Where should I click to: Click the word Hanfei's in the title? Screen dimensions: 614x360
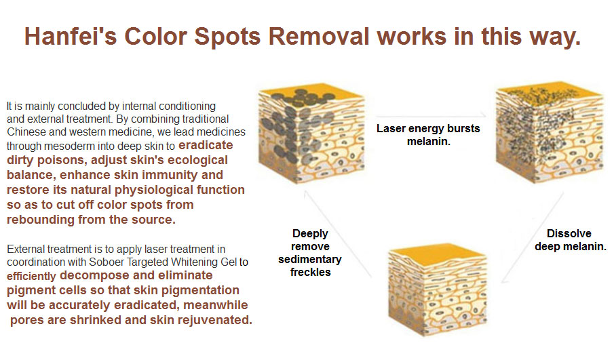click(x=71, y=37)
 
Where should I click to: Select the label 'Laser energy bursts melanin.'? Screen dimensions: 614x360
click(x=428, y=135)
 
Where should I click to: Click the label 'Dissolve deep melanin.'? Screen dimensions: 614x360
click(x=570, y=239)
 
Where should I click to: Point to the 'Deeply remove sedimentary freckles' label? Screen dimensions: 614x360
click(x=310, y=252)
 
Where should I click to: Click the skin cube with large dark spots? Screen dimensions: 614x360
click(x=311, y=133)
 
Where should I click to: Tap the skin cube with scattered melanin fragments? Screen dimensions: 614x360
click(x=550, y=132)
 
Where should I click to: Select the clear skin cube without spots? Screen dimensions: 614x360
click(x=438, y=289)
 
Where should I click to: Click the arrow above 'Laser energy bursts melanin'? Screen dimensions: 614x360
click(x=431, y=116)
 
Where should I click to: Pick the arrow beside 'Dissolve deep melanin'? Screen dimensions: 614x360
click(x=533, y=237)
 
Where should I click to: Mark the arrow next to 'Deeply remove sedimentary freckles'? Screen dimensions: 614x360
click(x=338, y=234)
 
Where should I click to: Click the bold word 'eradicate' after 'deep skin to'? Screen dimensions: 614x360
click(x=206, y=145)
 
